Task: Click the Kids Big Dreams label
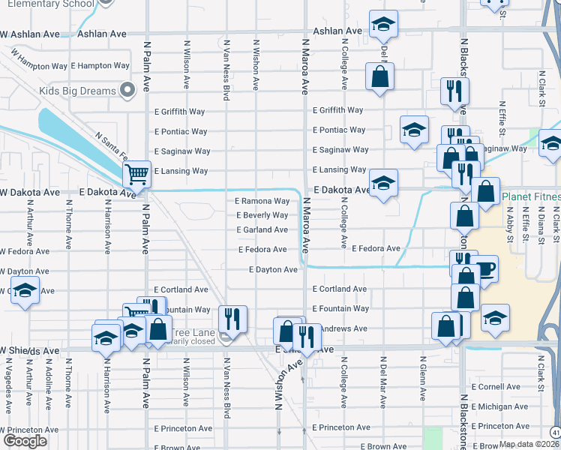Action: (77, 91)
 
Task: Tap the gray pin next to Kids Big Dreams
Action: (127, 91)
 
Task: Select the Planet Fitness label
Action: (531, 198)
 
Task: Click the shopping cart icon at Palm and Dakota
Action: (136, 174)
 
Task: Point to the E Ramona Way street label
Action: (262, 201)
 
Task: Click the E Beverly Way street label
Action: (262, 215)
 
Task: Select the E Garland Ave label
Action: (262, 229)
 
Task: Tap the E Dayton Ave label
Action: (274, 269)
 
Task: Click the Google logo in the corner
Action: (25, 441)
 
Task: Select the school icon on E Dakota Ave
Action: (383, 184)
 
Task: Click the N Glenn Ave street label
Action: (423, 382)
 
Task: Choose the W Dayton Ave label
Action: (25, 271)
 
